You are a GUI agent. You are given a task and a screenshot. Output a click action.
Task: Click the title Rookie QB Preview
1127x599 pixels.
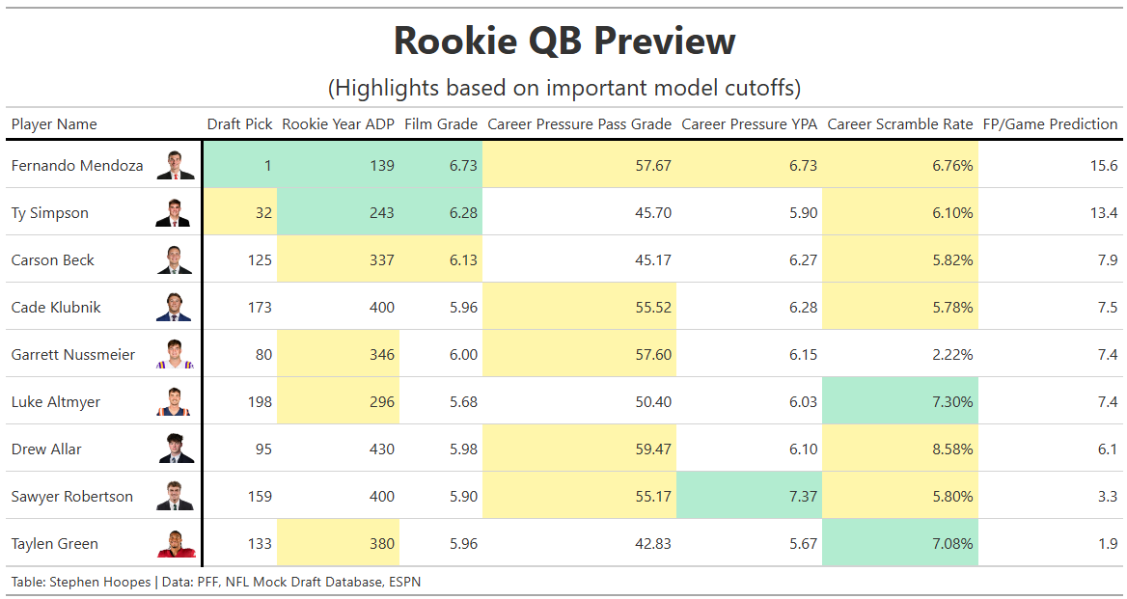tap(564, 41)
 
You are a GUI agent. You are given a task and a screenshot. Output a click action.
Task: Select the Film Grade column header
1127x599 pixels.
tap(441, 123)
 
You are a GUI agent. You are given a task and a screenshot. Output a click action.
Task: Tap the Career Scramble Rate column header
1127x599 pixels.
tap(899, 123)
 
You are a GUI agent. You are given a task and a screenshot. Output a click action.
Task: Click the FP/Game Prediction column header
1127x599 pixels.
tap(1050, 123)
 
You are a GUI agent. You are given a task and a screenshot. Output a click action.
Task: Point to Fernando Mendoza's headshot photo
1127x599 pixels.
tap(175, 166)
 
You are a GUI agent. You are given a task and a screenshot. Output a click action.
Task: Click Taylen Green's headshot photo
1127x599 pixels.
tap(175, 544)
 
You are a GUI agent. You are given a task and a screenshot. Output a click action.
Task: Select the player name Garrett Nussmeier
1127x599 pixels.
tap(73, 355)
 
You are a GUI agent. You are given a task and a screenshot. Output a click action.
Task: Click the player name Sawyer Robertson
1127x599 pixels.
tap(72, 497)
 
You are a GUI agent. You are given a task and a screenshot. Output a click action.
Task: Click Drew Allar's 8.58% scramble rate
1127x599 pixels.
tap(952, 449)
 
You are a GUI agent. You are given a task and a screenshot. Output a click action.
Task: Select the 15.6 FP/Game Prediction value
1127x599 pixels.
tap(1103, 166)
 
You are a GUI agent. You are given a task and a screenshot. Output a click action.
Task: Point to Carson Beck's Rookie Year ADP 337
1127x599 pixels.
tap(381, 260)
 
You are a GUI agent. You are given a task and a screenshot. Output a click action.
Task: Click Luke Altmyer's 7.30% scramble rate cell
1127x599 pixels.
tap(952, 402)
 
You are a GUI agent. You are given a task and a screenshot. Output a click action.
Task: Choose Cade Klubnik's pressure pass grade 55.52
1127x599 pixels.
tap(652, 308)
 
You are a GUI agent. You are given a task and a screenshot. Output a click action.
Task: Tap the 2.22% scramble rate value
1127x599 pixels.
tap(952, 355)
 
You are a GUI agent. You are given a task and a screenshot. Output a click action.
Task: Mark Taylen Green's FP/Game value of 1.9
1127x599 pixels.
tap(1107, 544)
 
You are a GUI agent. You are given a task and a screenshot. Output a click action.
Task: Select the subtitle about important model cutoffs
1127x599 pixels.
tap(564, 88)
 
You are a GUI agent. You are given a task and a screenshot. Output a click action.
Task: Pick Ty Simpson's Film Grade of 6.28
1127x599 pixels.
tap(463, 213)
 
